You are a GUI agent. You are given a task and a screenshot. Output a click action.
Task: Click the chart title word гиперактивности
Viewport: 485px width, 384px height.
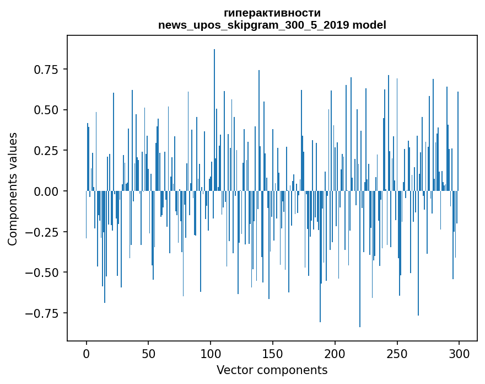click(x=272, y=13)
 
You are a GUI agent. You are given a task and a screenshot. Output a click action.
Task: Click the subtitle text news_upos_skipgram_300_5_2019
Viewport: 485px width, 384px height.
click(x=254, y=25)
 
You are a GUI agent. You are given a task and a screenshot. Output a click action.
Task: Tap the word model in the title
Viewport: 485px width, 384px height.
click(x=369, y=24)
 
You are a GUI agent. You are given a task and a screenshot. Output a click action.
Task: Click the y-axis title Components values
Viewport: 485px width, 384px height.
click(x=12, y=189)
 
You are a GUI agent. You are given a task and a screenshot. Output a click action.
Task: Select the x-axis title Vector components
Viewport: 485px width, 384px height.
click(x=272, y=370)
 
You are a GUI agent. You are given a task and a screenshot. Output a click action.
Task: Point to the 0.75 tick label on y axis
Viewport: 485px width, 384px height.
click(x=46, y=70)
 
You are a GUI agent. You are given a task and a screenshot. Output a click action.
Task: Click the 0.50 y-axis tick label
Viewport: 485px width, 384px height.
click(x=46, y=110)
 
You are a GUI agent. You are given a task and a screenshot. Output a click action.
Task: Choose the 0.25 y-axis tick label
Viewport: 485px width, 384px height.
click(x=46, y=151)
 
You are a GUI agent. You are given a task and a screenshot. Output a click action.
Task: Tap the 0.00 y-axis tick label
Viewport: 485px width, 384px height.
click(x=46, y=191)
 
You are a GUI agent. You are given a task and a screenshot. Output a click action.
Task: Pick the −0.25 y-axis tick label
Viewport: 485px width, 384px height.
click(x=42, y=232)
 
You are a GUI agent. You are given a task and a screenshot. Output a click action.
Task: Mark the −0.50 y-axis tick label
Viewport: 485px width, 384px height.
click(x=42, y=273)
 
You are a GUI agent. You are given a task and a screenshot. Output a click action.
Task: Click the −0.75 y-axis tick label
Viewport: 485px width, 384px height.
click(x=42, y=314)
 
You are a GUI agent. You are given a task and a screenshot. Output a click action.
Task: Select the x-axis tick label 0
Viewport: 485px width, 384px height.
click(x=87, y=354)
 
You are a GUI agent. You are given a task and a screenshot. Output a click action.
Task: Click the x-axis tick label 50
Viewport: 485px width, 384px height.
click(x=148, y=354)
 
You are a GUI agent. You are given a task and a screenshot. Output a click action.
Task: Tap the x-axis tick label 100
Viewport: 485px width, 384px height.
click(x=211, y=354)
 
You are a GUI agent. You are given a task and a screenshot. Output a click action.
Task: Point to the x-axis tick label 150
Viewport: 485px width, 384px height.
click(x=273, y=354)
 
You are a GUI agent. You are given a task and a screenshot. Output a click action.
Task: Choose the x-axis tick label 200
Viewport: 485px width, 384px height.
click(x=335, y=354)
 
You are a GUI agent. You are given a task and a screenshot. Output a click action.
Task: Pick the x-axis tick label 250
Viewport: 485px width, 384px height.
click(x=397, y=354)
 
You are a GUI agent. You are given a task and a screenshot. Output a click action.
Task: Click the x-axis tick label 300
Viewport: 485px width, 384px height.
click(x=459, y=354)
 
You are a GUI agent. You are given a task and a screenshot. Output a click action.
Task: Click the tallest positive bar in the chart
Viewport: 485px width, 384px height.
click(x=214, y=120)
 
